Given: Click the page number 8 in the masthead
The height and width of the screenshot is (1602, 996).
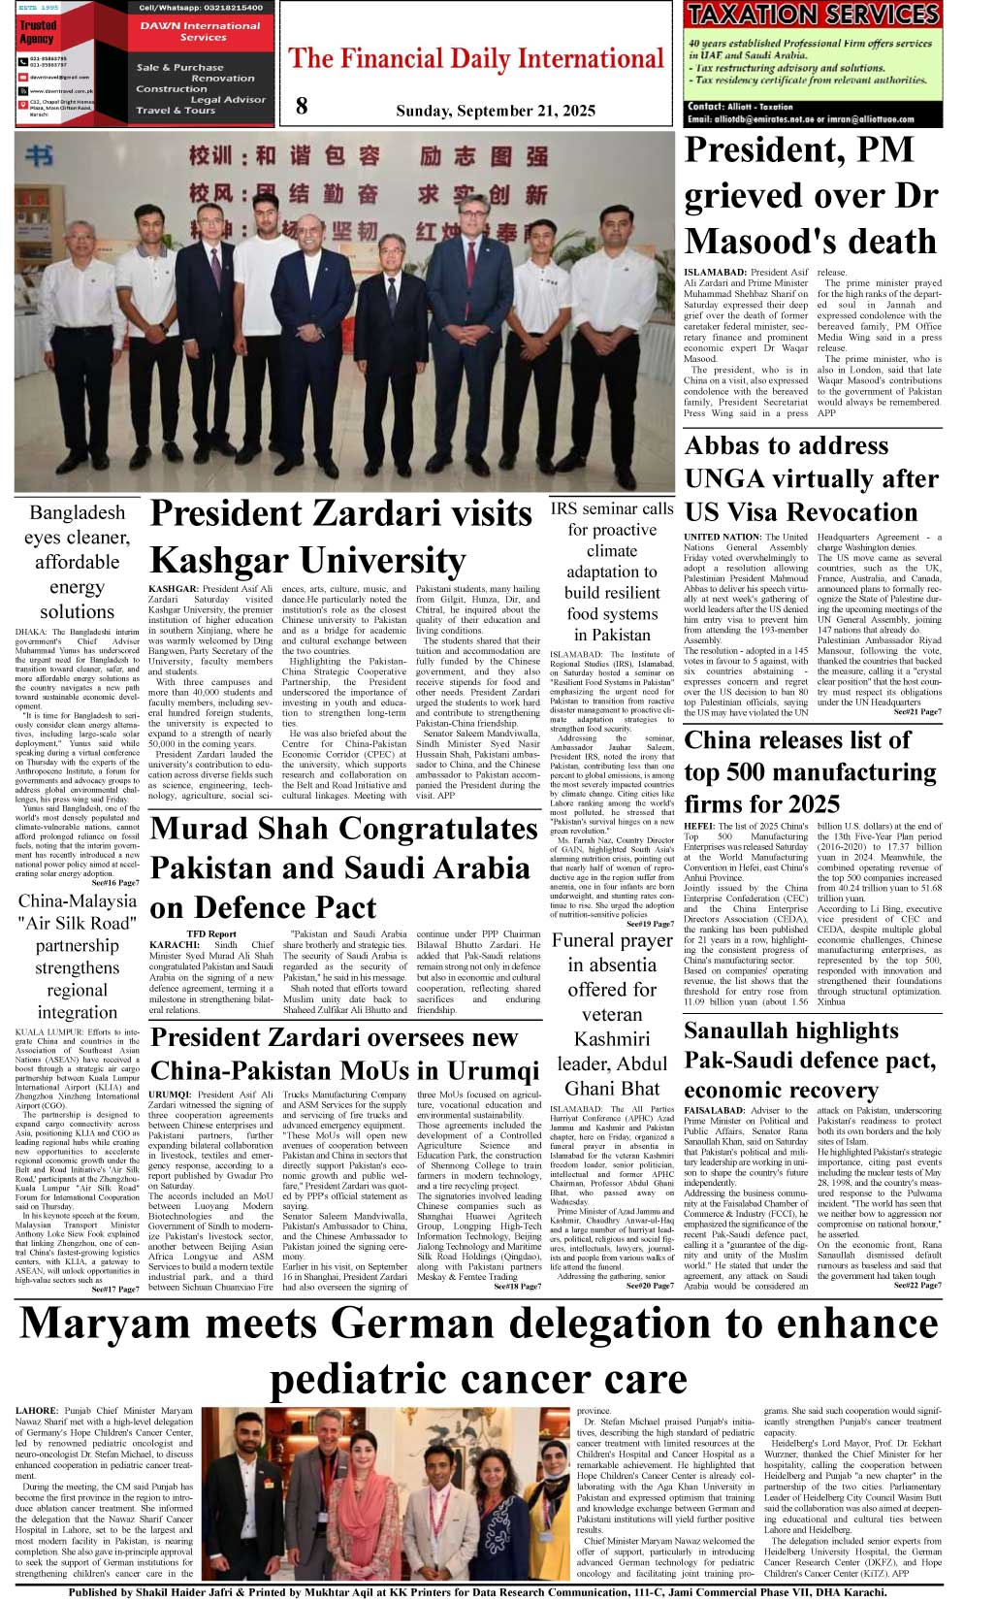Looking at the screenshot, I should tap(302, 106).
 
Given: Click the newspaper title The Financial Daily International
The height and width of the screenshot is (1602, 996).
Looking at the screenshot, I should tap(476, 59).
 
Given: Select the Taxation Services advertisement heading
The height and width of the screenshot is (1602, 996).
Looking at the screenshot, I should tap(813, 15).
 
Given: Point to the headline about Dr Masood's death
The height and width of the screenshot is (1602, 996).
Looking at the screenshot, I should tap(811, 196).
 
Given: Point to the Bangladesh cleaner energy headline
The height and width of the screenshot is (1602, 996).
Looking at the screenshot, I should tap(77, 562).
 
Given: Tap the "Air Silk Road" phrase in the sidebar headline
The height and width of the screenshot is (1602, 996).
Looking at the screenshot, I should tap(78, 923).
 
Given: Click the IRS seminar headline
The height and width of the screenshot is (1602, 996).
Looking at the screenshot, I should tap(612, 571).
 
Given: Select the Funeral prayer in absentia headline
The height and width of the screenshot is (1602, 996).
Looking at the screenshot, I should tap(612, 1014).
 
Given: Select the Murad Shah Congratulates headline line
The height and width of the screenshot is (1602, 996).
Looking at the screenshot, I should tap(344, 829).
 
